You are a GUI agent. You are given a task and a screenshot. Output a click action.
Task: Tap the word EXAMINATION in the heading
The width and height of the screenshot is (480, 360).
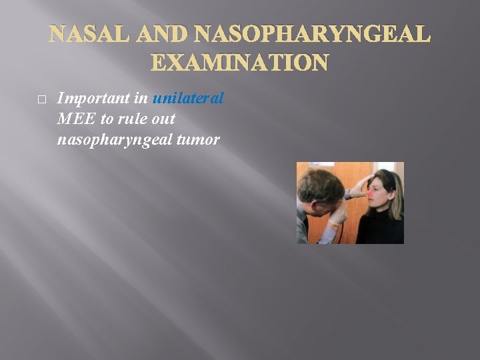click(x=240, y=63)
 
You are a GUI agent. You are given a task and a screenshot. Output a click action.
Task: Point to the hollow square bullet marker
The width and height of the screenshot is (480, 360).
click(x=41, y=99)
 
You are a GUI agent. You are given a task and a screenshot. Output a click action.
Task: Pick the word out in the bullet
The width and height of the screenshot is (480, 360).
click(x=164, y=119)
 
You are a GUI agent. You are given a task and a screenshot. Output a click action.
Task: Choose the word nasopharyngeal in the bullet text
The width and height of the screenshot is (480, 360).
click(x=109, y=140)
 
